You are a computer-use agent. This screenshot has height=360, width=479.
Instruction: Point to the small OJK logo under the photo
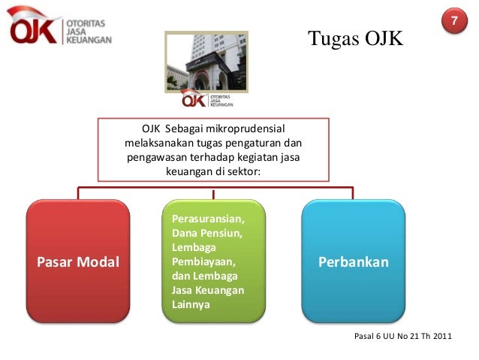(x=206, y=100)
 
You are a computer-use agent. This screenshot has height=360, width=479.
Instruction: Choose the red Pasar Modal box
(x=78, y=256)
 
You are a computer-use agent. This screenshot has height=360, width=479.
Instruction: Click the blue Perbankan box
(x=353, y=256)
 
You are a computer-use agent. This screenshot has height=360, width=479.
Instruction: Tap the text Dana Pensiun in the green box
(x=206, y=234)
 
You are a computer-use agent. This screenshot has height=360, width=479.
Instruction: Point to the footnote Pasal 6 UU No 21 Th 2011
(x=402, y=334)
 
